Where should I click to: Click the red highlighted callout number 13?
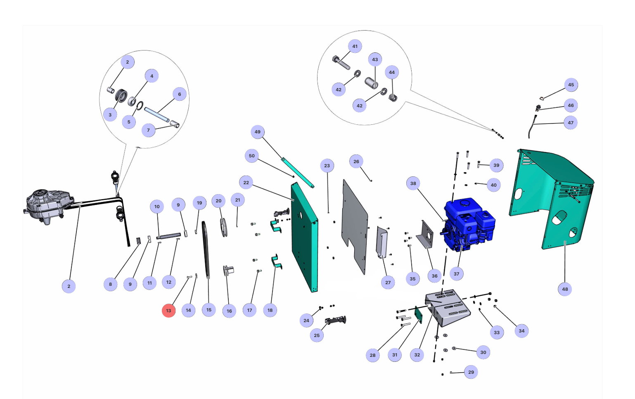[168, 311]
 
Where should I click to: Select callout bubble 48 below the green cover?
[565, 289]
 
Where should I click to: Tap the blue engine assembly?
[469, 223]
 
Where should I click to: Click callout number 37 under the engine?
[456, 273]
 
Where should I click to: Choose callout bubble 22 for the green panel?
[246, 183]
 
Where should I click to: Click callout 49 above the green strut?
[258, 132]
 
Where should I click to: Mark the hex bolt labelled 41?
[341, 62]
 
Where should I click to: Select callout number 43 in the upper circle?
[375, 59]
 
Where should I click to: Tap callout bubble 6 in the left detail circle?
[180, 94]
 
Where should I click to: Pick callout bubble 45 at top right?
[571, 85]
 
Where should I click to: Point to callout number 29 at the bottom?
[471, 372]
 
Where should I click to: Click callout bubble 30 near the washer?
[483, 352]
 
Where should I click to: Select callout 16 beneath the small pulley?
[229, 311]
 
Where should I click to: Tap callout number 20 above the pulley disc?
[218, 201]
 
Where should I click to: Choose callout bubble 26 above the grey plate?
[356, 161]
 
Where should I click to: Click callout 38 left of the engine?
[413, 183]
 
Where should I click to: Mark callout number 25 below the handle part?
[317, 335]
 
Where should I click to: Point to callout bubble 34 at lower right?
[521, 331]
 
